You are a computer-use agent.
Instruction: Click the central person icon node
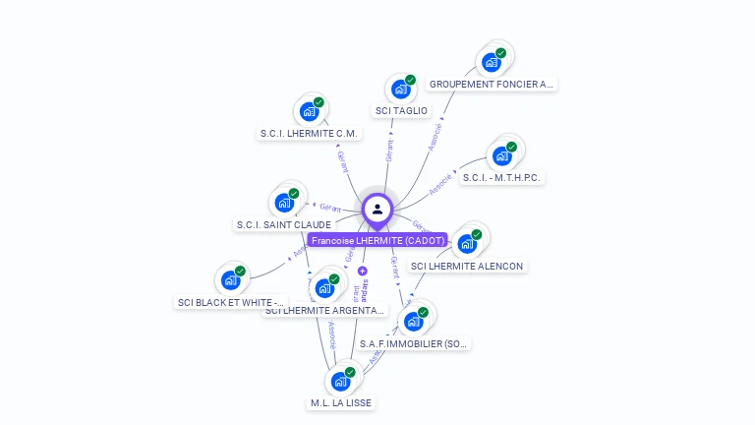377,209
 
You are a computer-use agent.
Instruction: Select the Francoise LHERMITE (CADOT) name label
377,240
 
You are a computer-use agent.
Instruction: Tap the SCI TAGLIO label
401,111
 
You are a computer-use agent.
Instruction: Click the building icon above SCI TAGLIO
400,90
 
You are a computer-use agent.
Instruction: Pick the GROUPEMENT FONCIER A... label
492,85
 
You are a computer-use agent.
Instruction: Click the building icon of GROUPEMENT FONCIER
492,62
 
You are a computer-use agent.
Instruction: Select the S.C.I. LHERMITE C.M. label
310,133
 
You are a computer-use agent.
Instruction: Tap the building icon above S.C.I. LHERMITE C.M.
309,111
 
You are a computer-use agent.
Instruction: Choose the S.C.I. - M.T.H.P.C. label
503,178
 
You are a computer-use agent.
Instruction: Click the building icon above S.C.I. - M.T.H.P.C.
502,156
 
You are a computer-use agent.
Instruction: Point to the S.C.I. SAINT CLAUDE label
283,225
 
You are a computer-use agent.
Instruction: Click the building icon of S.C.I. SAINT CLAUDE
284,203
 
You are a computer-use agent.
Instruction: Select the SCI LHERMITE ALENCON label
467,266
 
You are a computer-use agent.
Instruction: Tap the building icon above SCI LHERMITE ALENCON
467,243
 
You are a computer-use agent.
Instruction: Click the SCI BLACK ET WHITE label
231,302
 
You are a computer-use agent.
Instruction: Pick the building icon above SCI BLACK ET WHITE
231,280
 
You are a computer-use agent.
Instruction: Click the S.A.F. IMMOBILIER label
414,344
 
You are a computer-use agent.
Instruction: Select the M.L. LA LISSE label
341,403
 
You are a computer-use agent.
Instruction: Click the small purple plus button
363,271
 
